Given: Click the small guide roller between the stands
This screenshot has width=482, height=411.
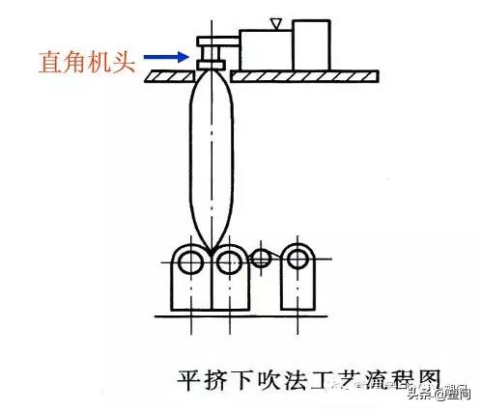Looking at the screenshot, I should click(x=260, y=258).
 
